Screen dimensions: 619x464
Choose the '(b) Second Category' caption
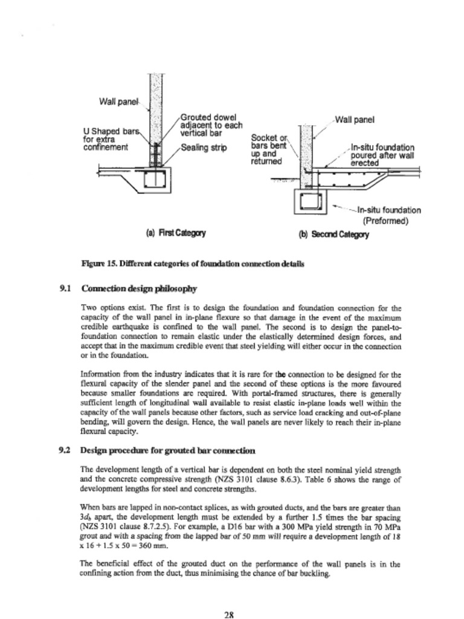(x=333, y=235)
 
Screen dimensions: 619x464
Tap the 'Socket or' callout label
(x=266, y=137)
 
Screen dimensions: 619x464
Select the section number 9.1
(x=66, y=288)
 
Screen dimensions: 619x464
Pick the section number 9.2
(x=66, y=450)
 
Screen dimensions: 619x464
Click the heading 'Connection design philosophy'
(x=139, y=288)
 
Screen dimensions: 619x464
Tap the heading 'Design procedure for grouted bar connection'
(x=167, y=450)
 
